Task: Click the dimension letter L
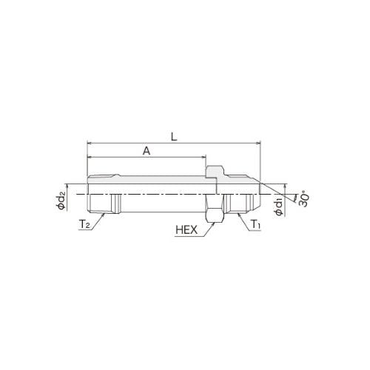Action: (175, 137)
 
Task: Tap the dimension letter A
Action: (147, 151)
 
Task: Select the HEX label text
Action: (186, 230)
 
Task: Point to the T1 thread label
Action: (255, 224)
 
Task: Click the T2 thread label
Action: (84, 224)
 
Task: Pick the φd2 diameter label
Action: (61, 201)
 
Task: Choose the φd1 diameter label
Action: (280, 207)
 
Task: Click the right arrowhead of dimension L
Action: (258, 143)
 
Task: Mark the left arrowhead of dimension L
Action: (90, 143)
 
